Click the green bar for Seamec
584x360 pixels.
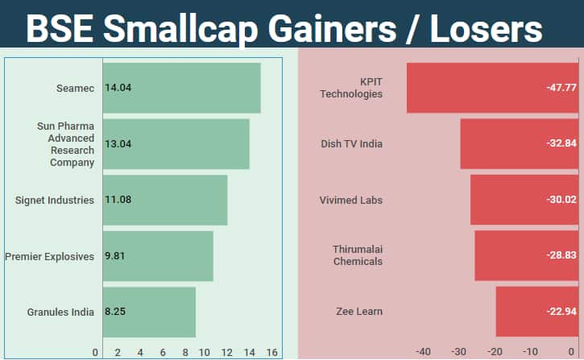[181, 88]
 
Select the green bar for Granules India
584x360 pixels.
[149, 312]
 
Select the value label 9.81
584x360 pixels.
[115, 256]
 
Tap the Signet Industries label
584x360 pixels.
[55, 200]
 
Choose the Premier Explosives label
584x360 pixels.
[50, 256]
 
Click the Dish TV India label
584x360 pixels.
[351, 144]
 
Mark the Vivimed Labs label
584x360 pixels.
[351, 200]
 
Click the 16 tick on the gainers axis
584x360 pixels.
[271, 352]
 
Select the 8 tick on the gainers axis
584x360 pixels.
[185, 352]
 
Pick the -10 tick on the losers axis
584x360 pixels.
[530, 352]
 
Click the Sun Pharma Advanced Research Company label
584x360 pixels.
[65, 144]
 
